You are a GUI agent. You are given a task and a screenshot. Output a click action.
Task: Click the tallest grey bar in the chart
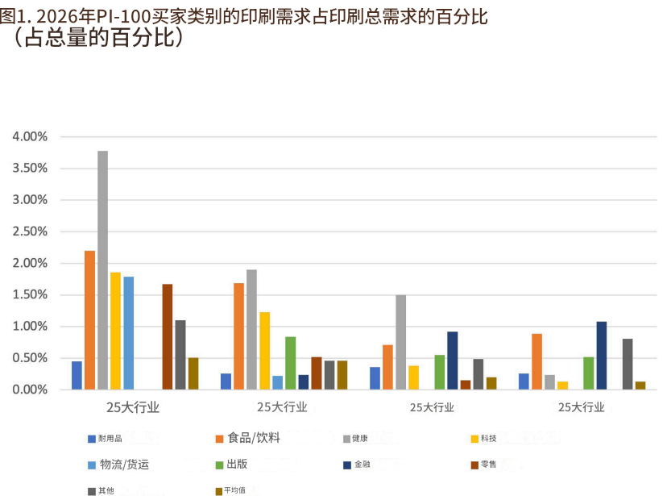pyautogui.click(x=102, y=270)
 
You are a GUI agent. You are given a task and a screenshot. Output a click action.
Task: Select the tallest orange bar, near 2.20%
pyautogui.click(x=89, y=320)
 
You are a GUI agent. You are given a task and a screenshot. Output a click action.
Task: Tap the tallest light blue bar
pyautogui.click(x=128, y=333)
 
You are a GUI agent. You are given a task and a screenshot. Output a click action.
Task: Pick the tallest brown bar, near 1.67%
pyautogui.click(x=168, y=337)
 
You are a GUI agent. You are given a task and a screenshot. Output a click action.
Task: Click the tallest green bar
pyautogui.click(x=290, y=363)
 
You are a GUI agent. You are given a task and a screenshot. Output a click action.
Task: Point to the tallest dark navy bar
pyautogui.click(x=601, y=356)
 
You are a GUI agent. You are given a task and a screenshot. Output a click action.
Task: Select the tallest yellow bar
pyautogui.click(x=115, y=331)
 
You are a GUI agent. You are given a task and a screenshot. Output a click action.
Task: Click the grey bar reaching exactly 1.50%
pyautogui.click(x=400, y=342)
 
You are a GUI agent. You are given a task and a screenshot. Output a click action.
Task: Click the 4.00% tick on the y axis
pyautogui.click(x=31, y=137)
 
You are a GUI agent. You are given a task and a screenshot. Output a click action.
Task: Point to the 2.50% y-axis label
pyautogui.click(x=31, y=232)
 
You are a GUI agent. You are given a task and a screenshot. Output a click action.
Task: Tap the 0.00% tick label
pyautogui.click(x=31, y=390)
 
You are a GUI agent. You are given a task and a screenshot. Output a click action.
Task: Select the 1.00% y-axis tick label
pyautogui.click(x=31, y=327)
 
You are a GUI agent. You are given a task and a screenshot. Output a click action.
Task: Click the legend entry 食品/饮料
pyautogui.click(x=253, y=438)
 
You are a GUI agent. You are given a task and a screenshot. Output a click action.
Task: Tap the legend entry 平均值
pyautogui.click(x=234, y=490)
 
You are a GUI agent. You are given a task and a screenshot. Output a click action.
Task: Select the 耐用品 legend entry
pyautogui.click(x=110, y=439)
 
